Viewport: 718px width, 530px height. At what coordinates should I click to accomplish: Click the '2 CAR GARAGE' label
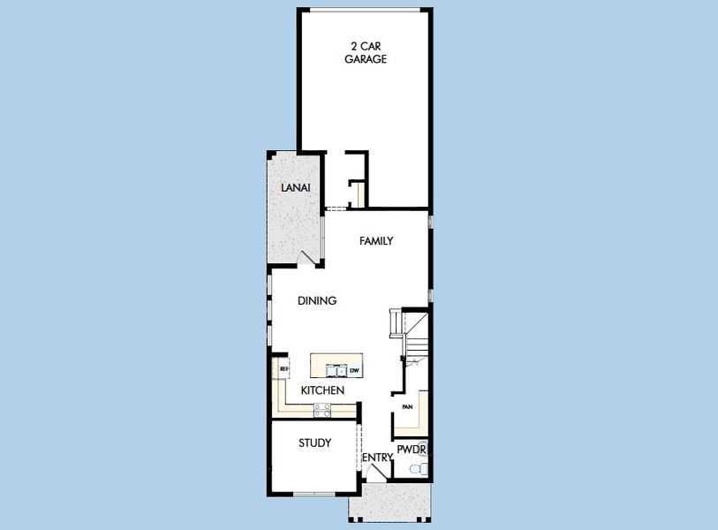tap(366, 53)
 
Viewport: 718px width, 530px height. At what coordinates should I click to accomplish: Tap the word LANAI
tap(295, 188)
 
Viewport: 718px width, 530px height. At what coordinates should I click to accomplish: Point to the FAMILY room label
tap(376, 241)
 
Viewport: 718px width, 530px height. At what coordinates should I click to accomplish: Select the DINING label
tap(317, 301)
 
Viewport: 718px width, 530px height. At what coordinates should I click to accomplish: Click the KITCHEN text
tap(322, 390)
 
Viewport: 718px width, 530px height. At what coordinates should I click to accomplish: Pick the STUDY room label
tap(314, 443)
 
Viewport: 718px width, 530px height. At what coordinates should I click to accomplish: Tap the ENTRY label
tap(378, 458)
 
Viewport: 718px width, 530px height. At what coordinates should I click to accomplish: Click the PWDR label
tap(412, 450)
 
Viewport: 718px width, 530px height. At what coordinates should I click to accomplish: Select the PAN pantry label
tap(407, 407)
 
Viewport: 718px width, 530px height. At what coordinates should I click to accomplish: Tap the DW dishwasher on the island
tap(354, 371)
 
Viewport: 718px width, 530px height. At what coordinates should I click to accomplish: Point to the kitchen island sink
tap(336, 370)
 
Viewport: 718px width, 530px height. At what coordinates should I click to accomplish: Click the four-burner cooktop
tap(322, 411)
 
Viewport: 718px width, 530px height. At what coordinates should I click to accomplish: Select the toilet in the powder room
tap(419, 469)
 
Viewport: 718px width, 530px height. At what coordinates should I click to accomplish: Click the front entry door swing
tap(377, 473)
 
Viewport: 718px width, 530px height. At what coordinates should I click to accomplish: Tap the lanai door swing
tap(306, 257)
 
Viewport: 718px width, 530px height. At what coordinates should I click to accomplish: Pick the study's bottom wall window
tap(314, 494)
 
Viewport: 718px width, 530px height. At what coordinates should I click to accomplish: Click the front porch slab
tap(389, 501)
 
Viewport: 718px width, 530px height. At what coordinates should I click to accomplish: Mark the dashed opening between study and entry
tap(359, 448)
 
